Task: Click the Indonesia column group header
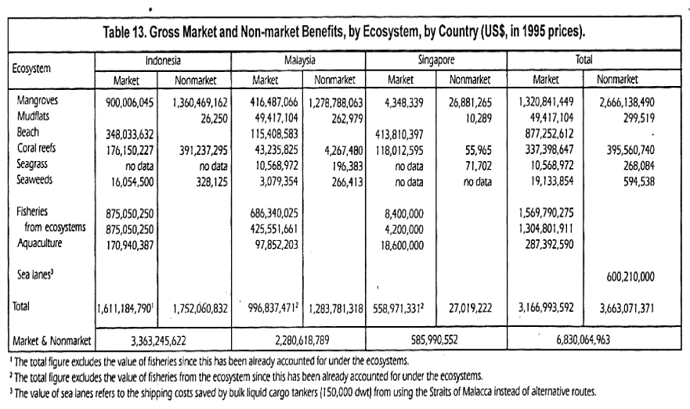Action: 163,60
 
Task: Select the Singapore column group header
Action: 436,59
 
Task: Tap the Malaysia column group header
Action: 300,60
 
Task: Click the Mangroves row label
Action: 38,100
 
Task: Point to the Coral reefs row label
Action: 37,148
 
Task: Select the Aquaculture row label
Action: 40,243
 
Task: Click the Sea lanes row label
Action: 35,274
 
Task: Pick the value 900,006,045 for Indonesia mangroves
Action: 129,102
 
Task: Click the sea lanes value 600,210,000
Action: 630,277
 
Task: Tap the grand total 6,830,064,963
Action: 583,339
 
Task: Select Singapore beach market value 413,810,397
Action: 399,135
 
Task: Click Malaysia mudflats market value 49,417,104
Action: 273,118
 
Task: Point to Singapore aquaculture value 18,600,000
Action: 403,245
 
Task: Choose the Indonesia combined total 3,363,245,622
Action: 158,340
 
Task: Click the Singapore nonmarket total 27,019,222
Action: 470,308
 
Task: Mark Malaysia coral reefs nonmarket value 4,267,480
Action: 344,150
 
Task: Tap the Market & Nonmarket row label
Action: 52,341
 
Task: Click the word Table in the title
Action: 116,33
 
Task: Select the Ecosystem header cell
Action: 31,69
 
